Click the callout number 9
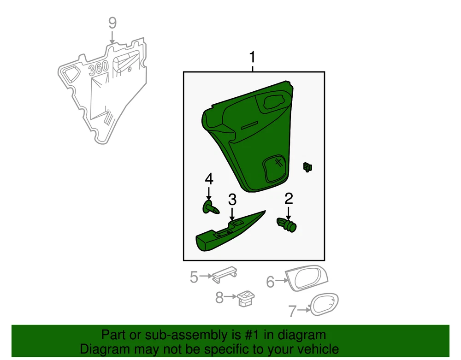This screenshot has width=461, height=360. [112, 23]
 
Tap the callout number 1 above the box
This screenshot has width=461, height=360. [252, 57]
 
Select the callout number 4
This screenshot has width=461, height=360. [209, 179]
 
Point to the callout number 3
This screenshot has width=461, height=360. [232, 200]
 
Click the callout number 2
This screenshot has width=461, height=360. [289, 199]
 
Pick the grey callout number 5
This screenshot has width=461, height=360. [194, 277]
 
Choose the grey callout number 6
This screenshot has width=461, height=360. [270, 282]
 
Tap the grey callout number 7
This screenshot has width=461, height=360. [292, 311]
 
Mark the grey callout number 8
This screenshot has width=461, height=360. [219, 297]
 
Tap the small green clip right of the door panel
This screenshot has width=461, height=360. [307, 167]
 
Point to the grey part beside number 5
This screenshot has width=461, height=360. [225, 274]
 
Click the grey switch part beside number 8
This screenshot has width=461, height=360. [246, 298]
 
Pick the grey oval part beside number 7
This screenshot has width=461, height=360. [325, 304]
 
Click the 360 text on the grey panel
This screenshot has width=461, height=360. [99, 69]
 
